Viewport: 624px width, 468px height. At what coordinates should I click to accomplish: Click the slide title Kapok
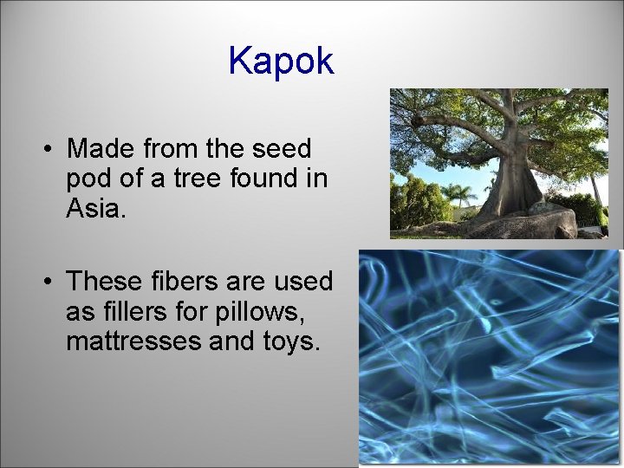(281, 61)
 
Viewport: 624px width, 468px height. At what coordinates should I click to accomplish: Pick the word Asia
(95, 208)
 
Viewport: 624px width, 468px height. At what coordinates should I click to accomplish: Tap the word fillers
(138, 311)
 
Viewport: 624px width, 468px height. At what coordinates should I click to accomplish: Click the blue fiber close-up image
(490, 355)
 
